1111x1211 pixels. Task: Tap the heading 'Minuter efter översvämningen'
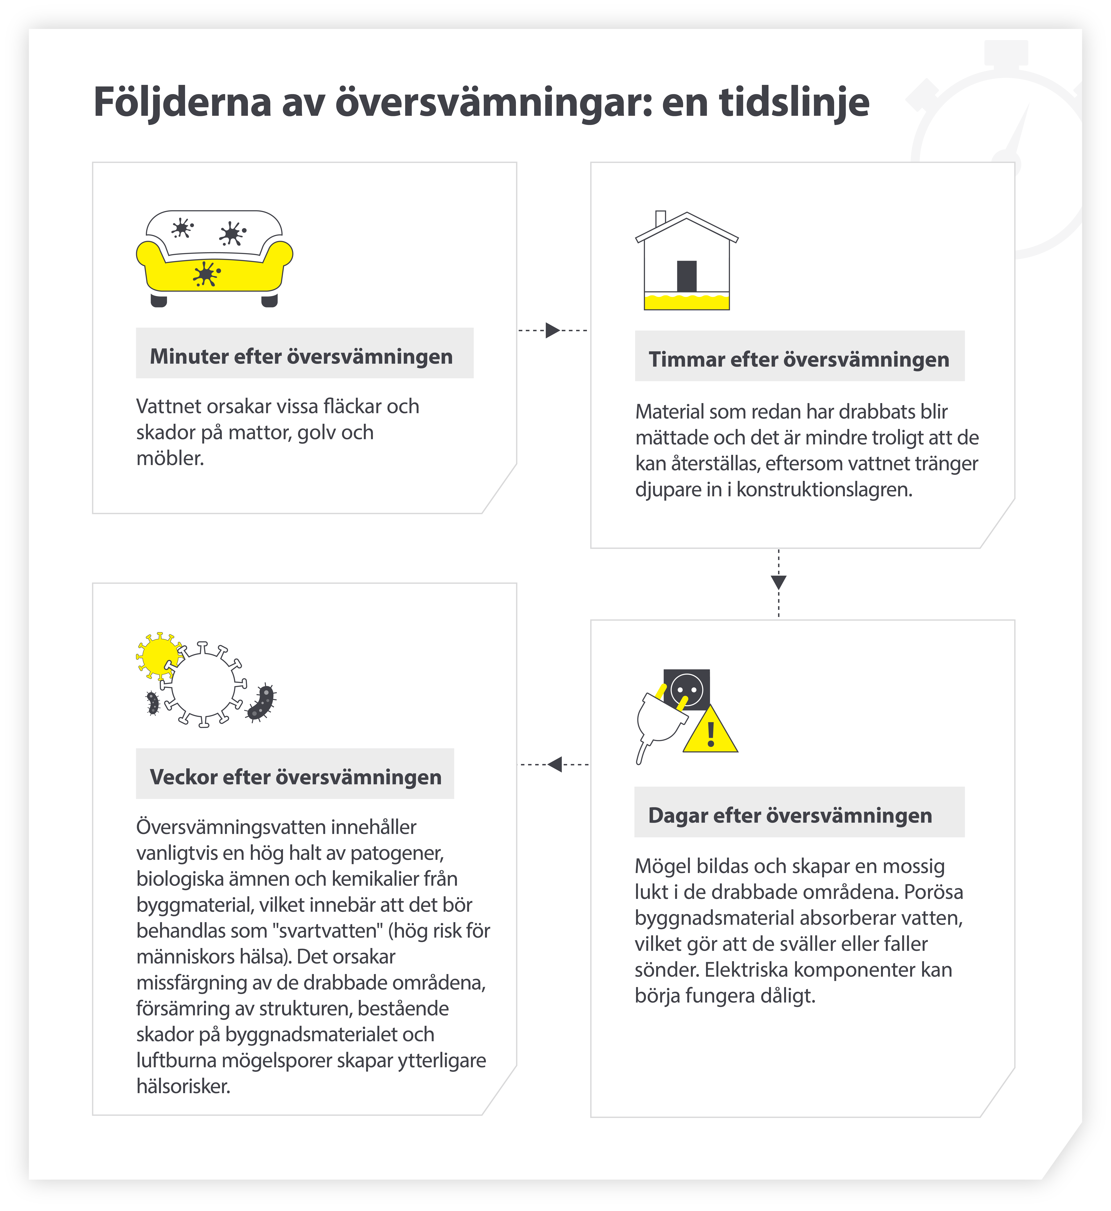point(301,357)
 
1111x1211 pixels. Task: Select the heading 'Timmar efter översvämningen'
point(798,360)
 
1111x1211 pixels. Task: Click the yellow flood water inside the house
point(687,302)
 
